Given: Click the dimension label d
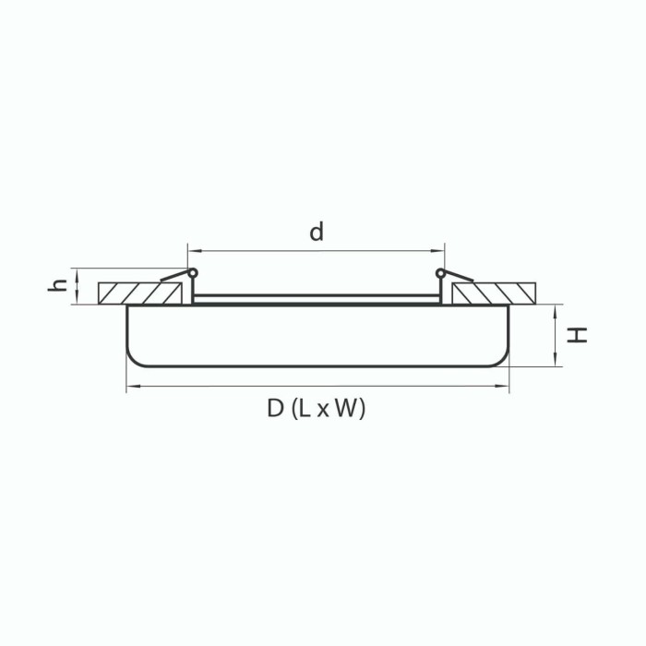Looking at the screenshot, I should (317, 233).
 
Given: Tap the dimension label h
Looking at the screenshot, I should (58, 286).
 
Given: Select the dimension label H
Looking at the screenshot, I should (578, 335).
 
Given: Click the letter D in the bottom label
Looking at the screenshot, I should (275, 409).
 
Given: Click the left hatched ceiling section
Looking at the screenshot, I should (138, 293).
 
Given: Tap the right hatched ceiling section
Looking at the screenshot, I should (494, 293).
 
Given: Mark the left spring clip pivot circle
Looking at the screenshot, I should (193, 273).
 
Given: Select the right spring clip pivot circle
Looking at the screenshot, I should (440, 273).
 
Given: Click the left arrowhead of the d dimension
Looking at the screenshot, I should (192, 250).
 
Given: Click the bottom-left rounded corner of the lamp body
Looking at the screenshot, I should (134, 359).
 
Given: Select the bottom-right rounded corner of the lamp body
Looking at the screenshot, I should (501, 359).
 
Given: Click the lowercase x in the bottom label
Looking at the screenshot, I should (323, 411).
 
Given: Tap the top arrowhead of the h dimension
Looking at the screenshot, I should (78, 271).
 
